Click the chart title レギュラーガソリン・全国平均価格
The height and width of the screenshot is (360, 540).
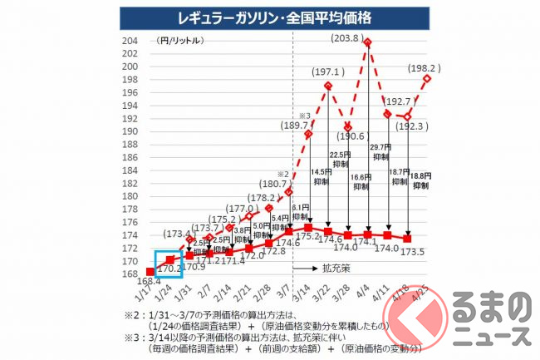click(271, 16)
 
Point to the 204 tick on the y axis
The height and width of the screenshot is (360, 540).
click(129, 41)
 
